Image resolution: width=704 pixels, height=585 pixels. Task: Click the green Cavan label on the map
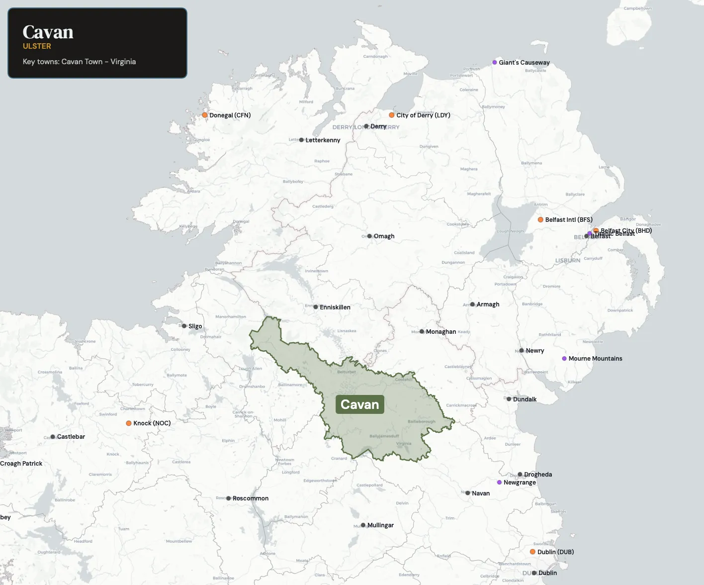click(x=359, y=404)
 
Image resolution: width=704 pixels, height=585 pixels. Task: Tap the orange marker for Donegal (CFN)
click(x=204, y=115)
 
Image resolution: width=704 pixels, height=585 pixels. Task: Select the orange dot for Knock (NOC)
click(x=129, y=423)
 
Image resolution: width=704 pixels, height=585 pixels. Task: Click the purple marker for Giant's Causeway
click(x=495, y=63)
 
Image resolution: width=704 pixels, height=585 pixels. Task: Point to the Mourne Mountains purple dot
click(x=564, y=359)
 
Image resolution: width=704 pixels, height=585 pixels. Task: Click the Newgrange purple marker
click(x=499, y=483)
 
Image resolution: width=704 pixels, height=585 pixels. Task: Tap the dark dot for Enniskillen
click(x=316, y=307)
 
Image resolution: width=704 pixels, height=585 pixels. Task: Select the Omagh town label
click(x=384, y=236)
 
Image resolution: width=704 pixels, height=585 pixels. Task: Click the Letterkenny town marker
click(x=301, y=140)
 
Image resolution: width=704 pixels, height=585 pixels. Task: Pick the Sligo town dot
click(x=184, y=326)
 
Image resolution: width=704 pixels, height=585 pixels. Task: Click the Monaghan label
click(x=440, y=332)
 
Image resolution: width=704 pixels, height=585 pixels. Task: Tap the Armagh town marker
click(x=472, y=304)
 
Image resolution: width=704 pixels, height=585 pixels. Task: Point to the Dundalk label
click(x=525, y=399)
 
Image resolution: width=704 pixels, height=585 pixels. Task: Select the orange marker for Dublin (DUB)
click(x=532, y=552)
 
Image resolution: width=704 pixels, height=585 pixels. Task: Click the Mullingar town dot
click(x=363, y=525)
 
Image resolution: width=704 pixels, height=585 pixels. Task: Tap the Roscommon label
click(x=251, y=498)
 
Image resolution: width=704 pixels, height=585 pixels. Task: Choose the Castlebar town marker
click(x=53, y=437)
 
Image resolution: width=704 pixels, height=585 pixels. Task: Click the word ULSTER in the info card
click(x=37, y=46)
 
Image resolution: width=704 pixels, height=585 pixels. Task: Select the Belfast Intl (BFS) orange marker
click(x=540, y=219)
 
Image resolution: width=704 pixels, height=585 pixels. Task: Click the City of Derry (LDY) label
click(x=423, y=115)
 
